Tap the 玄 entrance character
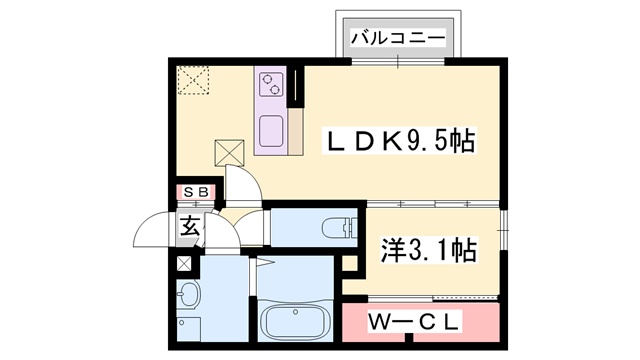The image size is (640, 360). (190, 225)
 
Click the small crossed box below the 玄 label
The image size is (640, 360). (184, 265)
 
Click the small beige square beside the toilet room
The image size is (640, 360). (350, 265)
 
